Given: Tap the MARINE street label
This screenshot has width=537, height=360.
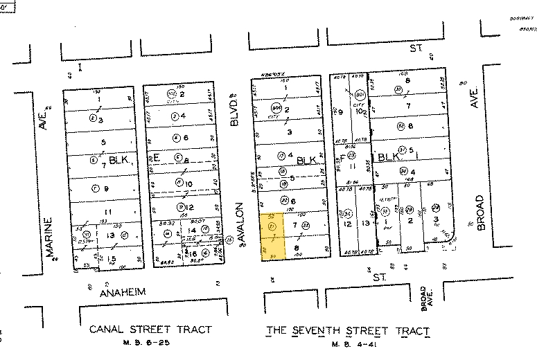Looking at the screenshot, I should (50, 237).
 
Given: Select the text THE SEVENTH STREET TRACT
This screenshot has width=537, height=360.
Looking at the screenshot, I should (348, 330).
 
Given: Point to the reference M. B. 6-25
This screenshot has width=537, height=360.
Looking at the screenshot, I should (150, 344).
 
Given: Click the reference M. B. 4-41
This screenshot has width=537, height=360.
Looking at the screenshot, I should (348, 344).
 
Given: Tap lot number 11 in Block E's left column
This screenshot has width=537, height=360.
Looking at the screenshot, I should (107, 212).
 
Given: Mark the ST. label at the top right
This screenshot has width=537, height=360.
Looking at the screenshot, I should (416, 48).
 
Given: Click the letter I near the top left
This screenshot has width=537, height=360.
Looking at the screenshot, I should (80, 66).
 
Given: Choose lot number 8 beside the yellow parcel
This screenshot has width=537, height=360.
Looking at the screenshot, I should (297, 247).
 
